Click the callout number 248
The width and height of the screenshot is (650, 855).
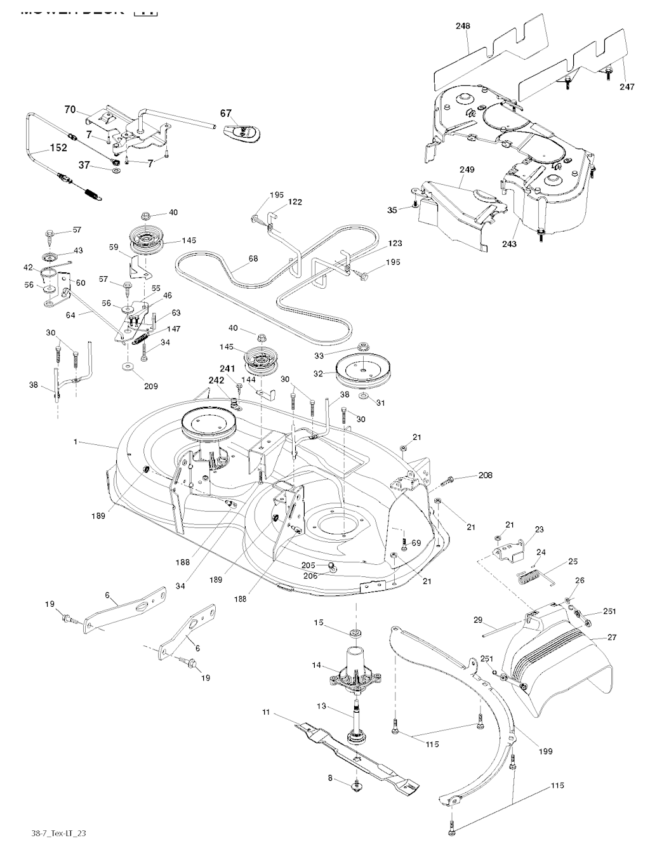point(463,26)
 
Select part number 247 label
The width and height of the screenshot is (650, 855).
point(627,87)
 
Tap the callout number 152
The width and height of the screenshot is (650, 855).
point(58,148)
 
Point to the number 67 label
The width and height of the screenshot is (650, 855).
point(226,114)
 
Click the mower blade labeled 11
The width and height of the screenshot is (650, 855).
point(355,755)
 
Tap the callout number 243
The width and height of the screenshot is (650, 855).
point(510,244)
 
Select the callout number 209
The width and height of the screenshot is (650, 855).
point(151,386)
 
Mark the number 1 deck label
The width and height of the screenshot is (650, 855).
point(76,442)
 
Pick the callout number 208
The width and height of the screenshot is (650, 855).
point(467,475)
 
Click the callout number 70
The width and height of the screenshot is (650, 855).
point(70,110)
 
